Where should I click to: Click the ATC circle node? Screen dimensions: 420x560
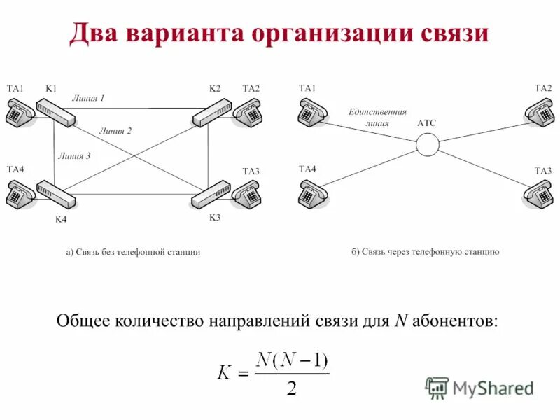(x=427, y=144)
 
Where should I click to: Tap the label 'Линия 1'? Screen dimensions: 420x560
(x=88, y=99)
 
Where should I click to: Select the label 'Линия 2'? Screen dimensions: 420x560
(x=115, y=130)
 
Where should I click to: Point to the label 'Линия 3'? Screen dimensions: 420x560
(x=74, y=156)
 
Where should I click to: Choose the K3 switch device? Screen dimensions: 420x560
(x=210, y=194)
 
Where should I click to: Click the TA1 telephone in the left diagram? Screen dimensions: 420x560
(x=19, y=113)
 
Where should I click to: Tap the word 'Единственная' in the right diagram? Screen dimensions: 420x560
(x=377, y=111)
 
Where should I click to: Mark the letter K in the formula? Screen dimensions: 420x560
(x=224, y=372)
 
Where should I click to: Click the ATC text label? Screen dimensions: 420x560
(x=426, y=123)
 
